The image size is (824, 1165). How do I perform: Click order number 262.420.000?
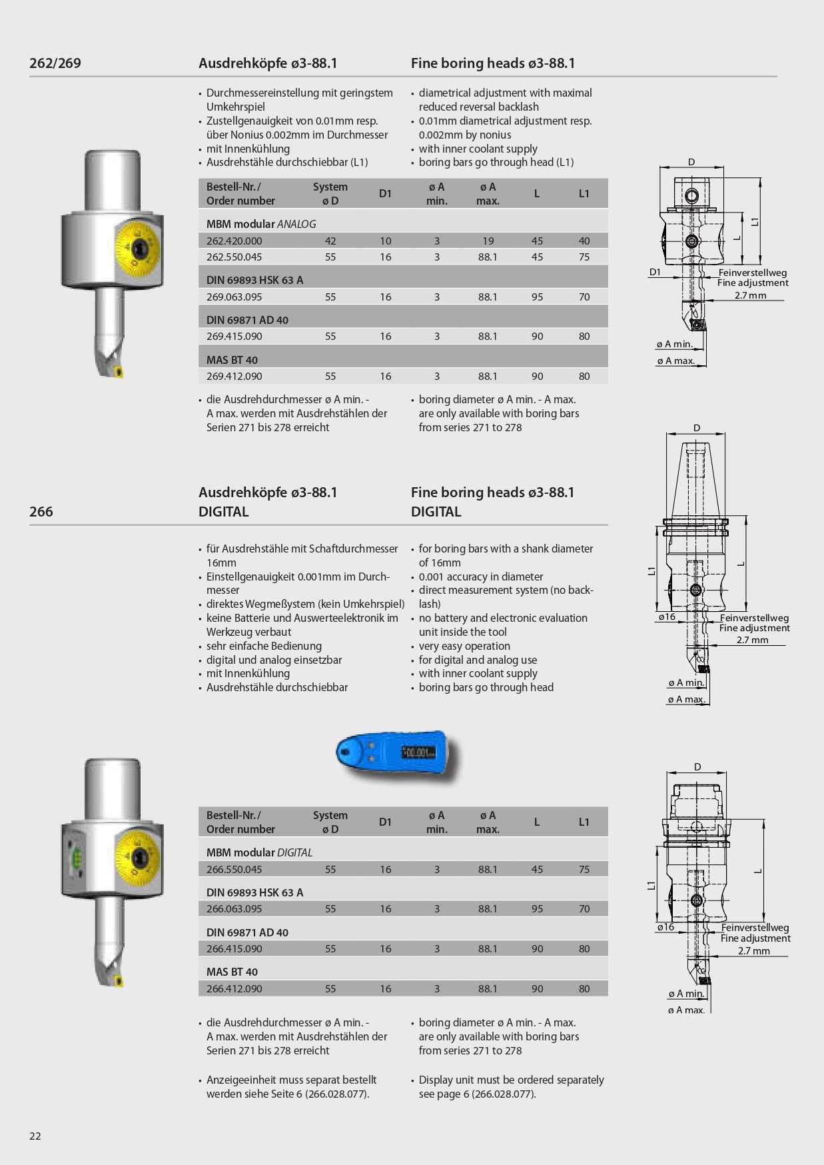click(234, 241)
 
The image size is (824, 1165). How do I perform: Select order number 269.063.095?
click(234, 297)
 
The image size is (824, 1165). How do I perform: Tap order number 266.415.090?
click(234, 949)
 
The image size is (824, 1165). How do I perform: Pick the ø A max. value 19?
click(488, 241)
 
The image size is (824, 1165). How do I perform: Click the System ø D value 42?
click(330, 241)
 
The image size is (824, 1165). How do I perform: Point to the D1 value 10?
click(386, 241)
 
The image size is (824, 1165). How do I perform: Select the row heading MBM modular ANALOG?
click(261, 225)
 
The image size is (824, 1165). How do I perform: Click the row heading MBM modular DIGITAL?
click(259, 853)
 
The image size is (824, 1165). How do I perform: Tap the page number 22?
click(35, 1136)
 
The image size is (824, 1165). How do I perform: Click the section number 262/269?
click(55, 63)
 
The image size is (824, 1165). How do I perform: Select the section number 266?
click(41, 512)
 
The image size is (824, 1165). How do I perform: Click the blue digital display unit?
click(393, 754)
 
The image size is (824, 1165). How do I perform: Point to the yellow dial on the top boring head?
click(139, 249)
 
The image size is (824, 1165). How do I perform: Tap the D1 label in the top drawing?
click(655, 272)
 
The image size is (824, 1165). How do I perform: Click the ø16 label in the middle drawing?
click(667, 617)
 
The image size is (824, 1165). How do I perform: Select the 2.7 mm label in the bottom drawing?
click(753, 951)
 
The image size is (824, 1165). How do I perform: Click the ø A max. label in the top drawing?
click(675, 361)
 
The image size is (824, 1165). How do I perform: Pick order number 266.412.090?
click(234, 989)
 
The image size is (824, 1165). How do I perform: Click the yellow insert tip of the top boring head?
click(119, 371)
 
